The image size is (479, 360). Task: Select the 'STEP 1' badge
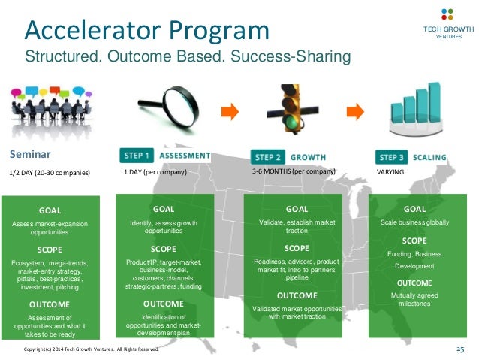point(135,156)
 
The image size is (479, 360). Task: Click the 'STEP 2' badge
point(268,157)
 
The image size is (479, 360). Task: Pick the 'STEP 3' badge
point(391,157)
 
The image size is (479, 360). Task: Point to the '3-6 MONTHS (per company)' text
point(293,172)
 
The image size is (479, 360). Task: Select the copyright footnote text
point(92,350)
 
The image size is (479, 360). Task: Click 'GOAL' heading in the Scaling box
point(414,209)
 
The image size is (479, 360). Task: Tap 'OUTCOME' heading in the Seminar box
point(50,304)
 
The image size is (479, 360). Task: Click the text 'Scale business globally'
point(414,223)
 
